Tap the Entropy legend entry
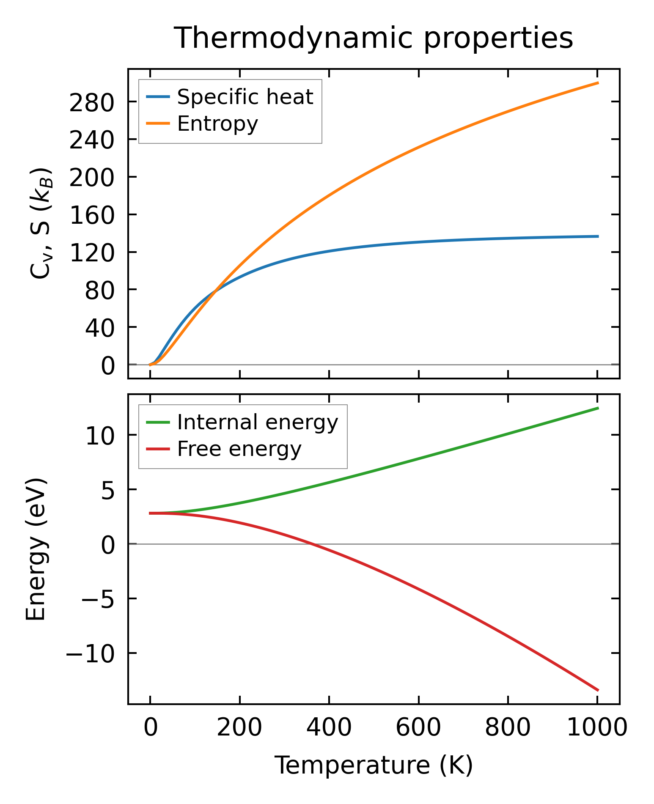click(217, 123)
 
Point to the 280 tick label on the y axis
click(92, 103)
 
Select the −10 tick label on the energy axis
click(90, 654)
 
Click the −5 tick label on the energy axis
click(98, 599)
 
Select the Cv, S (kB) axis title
click(41, 223)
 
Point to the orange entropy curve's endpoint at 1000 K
click(597, 83)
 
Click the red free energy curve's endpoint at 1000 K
click(597, 690)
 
